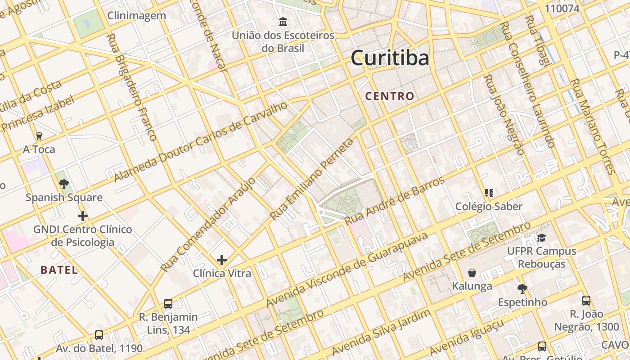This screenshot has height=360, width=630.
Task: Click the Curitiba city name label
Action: (x=390, y=58)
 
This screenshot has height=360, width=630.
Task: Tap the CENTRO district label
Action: (x=389, y=96)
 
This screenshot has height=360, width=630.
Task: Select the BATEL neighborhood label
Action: (x=59, y=270)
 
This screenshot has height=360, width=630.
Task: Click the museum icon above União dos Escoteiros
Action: (x=283, y=22)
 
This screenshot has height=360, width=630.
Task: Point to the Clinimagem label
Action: (x=136, y=16)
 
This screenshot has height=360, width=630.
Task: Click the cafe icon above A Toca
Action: (x=39, y=136)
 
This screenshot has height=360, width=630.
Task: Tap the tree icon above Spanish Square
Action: (x=64, y=184)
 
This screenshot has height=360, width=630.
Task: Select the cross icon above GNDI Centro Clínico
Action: (x=82, y=216)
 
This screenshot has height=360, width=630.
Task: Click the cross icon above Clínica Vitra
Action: (x=221, y=260)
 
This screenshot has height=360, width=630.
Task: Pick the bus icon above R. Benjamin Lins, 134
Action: (x=168, y=303)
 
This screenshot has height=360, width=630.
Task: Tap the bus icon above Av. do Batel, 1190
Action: (x=99, y=335)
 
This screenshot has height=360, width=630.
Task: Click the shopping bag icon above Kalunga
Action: (x=472, y=273)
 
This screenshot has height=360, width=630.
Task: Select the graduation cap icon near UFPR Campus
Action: (x=541, y=238)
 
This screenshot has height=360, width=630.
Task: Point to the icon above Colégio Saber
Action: (x=489, y=193)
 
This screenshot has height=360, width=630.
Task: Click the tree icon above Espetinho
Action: (x=522, y=288)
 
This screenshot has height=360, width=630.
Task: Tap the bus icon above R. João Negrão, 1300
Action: (x=586, y=300)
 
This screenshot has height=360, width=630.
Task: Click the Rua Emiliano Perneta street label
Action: (x=312, y=180)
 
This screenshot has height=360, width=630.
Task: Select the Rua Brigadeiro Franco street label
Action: (x=131, y=87)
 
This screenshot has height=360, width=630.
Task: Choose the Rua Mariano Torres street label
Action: (x=592, y=126)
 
